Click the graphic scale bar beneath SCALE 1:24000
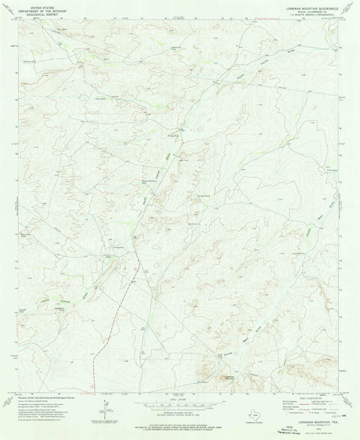(180, 404)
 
